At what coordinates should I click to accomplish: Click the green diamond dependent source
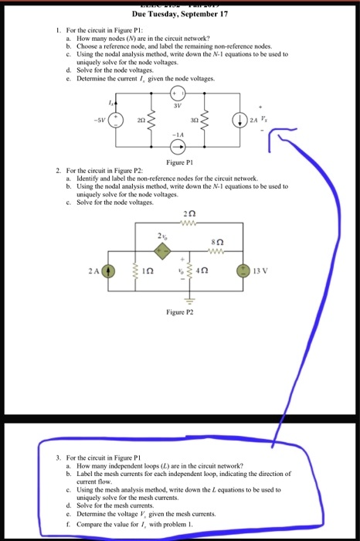[161, 250]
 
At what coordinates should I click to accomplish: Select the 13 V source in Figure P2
[246, 271]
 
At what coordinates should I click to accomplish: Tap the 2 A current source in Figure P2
[109, 271]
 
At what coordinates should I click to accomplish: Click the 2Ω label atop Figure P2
[189, 214]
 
